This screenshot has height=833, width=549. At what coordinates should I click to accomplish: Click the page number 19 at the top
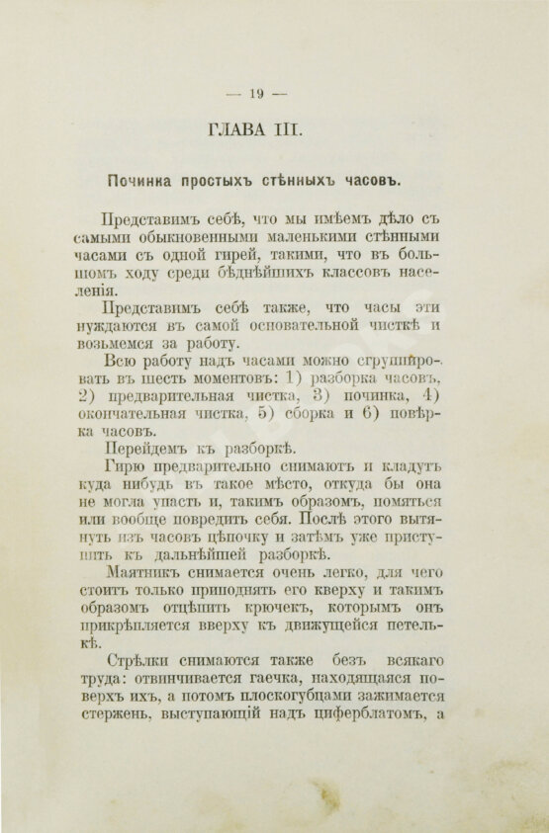coord(255,94)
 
